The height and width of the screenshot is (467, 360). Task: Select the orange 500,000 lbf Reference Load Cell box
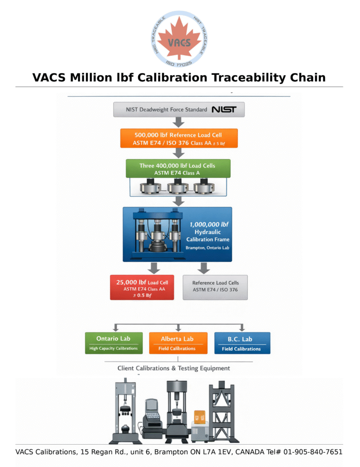point(179,138)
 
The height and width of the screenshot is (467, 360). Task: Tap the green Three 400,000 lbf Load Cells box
point(177,169)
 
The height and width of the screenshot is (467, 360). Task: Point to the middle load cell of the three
point(177,187)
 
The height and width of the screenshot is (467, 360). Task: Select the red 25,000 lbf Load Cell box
point(142,287)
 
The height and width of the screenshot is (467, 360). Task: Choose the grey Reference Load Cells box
point(215,287)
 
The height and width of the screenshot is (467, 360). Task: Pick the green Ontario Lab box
point(114,343)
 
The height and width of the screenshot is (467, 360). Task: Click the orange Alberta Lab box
point(178,343)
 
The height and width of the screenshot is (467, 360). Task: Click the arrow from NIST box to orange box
point(179,122)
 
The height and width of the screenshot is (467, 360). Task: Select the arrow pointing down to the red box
point(155,268)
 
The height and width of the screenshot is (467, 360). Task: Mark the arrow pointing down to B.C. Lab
point(242,327)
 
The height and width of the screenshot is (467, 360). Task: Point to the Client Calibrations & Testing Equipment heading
point(173,368)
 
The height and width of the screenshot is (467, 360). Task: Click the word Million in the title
point(90,78)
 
